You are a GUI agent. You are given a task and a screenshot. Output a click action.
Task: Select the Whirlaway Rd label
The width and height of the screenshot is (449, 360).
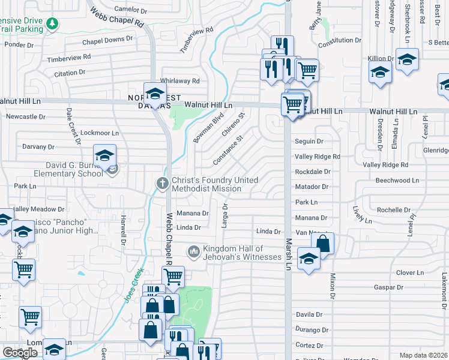click(179, 81)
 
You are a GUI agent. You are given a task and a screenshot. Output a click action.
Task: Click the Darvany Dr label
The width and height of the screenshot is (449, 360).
click(38, 146)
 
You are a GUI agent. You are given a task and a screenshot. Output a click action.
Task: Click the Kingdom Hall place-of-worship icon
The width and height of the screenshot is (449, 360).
click(193, 251)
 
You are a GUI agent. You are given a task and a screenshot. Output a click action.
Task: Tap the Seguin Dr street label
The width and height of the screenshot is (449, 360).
click(309, 142)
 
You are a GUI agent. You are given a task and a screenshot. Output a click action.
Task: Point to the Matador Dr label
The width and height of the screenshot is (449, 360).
click(312, 187)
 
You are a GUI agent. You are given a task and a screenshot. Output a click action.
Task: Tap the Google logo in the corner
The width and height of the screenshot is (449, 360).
click(20, 353)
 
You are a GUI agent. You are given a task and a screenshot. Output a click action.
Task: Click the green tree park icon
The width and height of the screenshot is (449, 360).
click(53, 23)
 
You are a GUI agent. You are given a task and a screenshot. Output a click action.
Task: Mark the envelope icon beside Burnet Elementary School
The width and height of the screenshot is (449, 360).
click(112, 170)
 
